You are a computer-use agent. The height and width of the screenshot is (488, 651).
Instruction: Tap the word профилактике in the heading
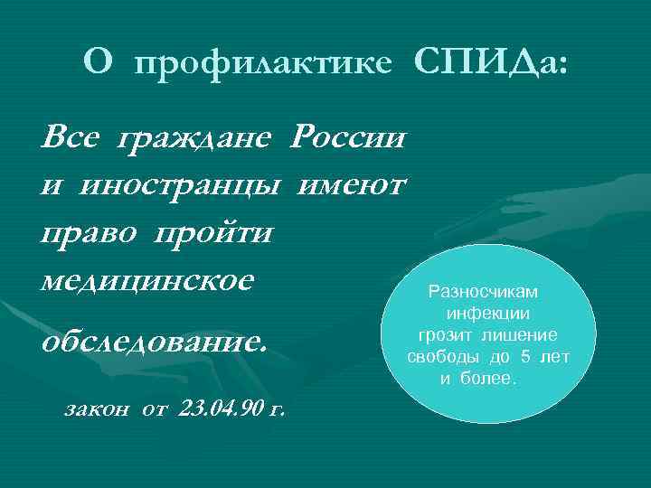pyautogui.click(x=264, y=63)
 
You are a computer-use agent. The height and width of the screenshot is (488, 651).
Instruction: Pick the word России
pyautogui.click(x=346, y=140)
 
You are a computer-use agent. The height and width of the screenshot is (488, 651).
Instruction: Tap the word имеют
pyautogui.click(x=354, y=186)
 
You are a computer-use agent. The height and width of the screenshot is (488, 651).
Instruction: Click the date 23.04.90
pyautogui.click(x=222, y=409)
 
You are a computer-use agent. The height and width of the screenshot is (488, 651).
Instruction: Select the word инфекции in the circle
pyautogui.click(x=487, y=314)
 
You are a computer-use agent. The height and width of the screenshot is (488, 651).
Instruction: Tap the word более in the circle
pyautogui.click(x=489, y=378)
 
